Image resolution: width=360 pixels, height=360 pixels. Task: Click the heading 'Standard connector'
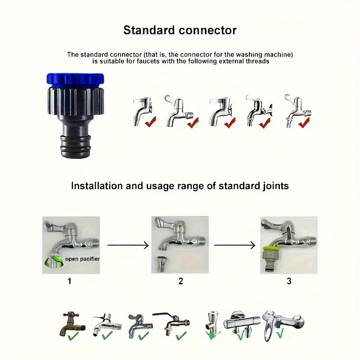click(x=180, y=31)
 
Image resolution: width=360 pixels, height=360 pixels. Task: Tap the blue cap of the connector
click(x=75, y=80)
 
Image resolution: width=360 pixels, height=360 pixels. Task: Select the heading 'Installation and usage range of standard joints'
click(x=180, y=185)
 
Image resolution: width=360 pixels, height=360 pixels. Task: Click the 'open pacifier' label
click(x=82, y=259)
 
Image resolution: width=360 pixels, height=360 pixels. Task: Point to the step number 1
click(x=69, y=281)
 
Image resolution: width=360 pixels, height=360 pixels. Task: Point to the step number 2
click(x=180, y=281)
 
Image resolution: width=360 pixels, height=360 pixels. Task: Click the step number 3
click(x=289, y=281)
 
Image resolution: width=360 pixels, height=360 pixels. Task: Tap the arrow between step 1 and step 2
click(x=127, y=246)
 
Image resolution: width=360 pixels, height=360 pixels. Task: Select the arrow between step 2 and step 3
click(x=234, y=246)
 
